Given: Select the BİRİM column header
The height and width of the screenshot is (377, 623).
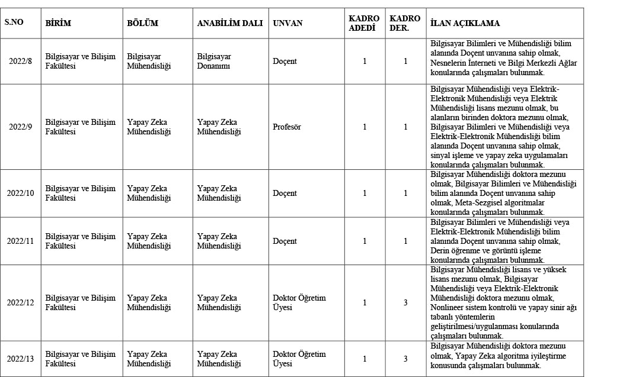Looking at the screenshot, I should point(59,23).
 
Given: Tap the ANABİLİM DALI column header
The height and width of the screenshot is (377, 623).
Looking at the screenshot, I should point(229,23).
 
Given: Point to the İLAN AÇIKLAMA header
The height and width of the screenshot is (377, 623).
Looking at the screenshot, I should point(465,23).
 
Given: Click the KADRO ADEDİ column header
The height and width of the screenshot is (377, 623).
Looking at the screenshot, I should point(364,23).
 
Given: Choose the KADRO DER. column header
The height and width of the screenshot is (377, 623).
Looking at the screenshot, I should point(405,23).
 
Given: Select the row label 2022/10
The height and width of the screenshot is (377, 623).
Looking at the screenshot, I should point(21,194).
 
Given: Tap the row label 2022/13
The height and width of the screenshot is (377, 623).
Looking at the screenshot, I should point(21,359).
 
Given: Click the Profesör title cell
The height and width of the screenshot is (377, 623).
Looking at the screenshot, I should point(287,127).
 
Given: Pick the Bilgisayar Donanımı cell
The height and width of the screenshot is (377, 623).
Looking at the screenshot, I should point(215,62).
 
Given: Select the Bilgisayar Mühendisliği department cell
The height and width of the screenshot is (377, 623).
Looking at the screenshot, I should point(149,62).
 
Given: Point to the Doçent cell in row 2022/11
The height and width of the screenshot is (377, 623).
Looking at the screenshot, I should point(285,241).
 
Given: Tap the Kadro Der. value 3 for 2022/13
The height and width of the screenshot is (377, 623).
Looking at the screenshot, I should point(405,359).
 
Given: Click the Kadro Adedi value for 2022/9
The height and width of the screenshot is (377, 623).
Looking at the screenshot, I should point(365,127).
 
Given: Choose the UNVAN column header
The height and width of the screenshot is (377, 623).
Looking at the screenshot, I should point(287,23).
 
